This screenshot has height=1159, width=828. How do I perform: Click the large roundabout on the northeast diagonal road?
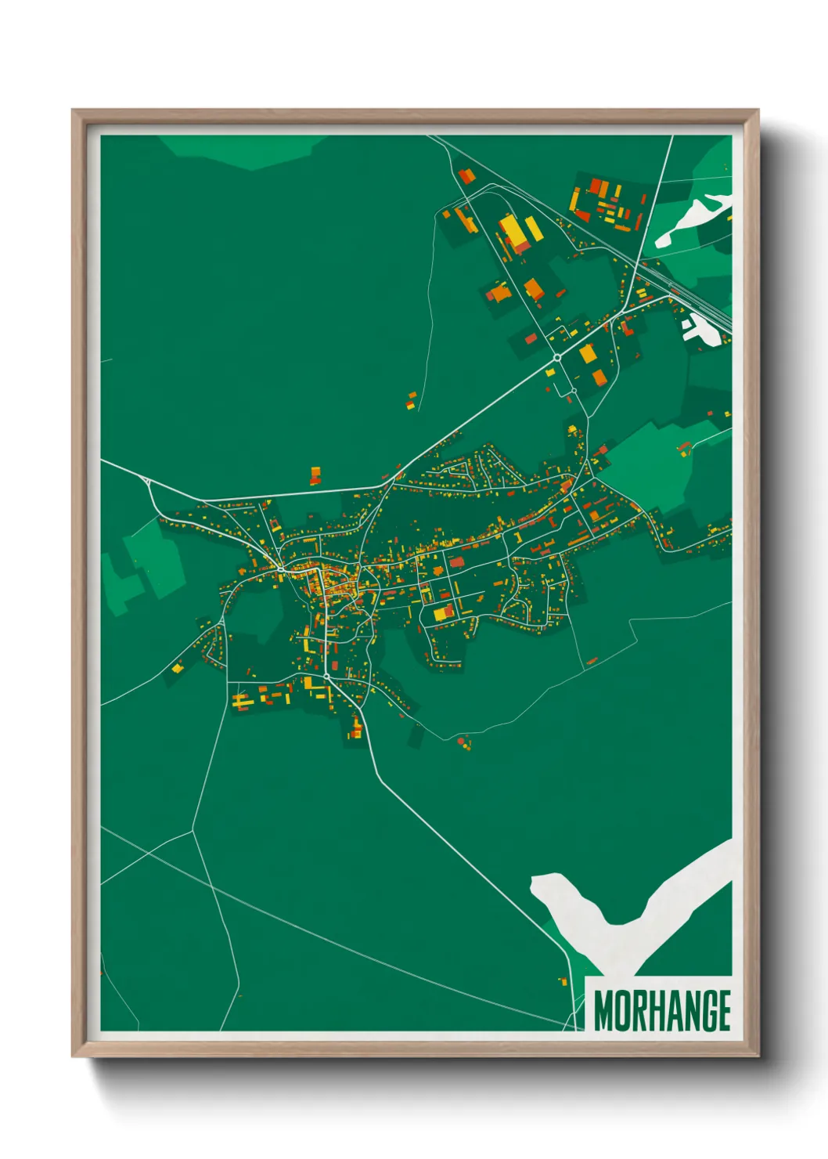coord(556,357)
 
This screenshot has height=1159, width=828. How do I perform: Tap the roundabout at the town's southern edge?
coord(326,676)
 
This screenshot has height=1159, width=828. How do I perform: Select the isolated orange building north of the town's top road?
coord(315,475)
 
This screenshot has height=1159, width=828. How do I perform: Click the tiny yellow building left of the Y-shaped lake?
coord(562,980)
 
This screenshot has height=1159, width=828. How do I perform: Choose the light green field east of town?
coord(650,462)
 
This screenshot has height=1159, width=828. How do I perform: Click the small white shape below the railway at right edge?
coord(699,330)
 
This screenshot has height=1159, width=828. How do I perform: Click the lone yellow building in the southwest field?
coord(178,668)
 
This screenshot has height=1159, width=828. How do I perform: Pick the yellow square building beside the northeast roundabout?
coord(588,353)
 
